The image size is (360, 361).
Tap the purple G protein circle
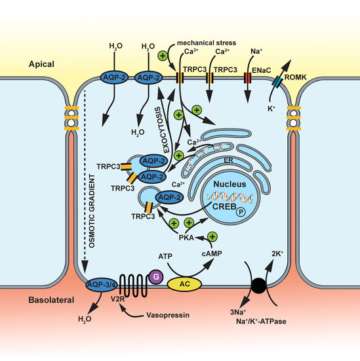[x=156, y=276]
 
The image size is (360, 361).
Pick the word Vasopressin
[x=162, y=315]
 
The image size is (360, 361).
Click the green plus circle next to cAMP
[x=212, y=236]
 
